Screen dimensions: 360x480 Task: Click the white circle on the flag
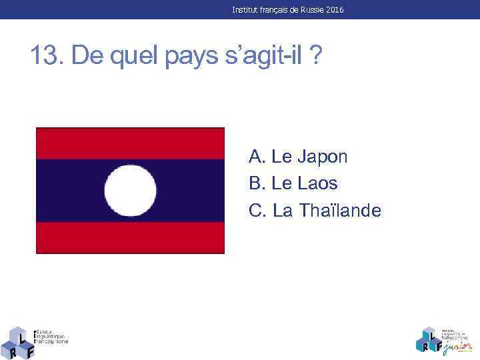[131, 191]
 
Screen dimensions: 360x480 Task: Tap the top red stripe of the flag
[131, 143]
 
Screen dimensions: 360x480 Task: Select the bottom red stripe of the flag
[131, 237]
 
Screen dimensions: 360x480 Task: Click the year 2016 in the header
[335, 10]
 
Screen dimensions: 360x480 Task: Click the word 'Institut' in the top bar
[245, 10]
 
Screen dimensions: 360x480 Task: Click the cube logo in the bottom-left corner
[18, 342]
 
